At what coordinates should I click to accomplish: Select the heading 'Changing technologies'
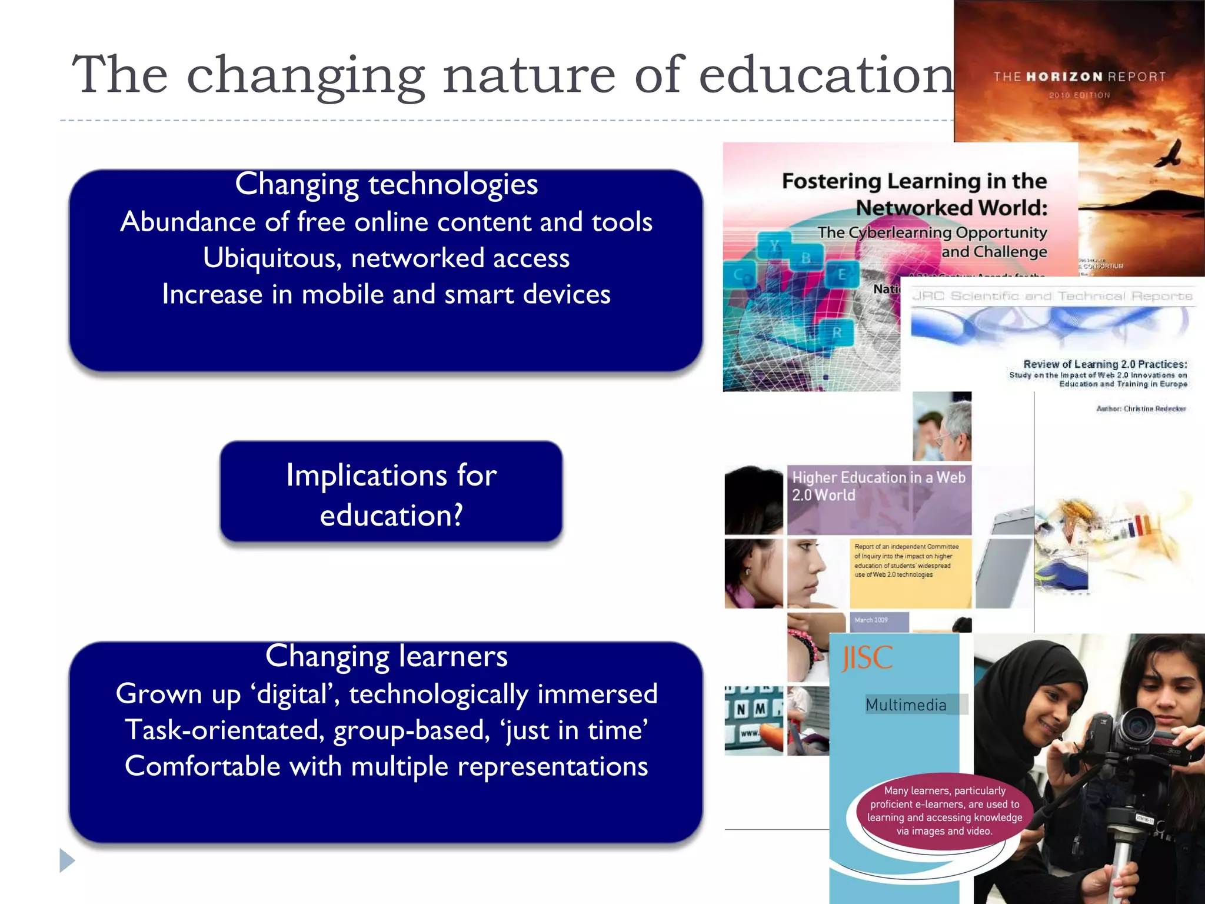386,184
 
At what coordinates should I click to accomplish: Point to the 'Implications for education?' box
391,493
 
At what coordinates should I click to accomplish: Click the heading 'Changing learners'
386,656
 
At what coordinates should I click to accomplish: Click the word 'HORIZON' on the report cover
1064,77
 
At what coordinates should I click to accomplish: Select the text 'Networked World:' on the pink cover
951,208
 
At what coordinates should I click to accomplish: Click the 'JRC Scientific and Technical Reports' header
1051,296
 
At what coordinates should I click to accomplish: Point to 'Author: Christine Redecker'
1141,408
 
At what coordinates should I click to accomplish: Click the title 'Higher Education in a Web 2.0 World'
878,486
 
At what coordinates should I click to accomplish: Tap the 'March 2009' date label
871,620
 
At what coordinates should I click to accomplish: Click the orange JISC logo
867,658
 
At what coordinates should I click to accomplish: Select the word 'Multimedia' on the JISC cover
906,704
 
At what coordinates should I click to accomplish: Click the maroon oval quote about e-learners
944,810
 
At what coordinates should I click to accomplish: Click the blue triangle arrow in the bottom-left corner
67,860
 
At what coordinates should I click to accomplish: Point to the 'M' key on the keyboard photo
761,709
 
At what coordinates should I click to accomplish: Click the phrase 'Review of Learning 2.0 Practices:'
1105,364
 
